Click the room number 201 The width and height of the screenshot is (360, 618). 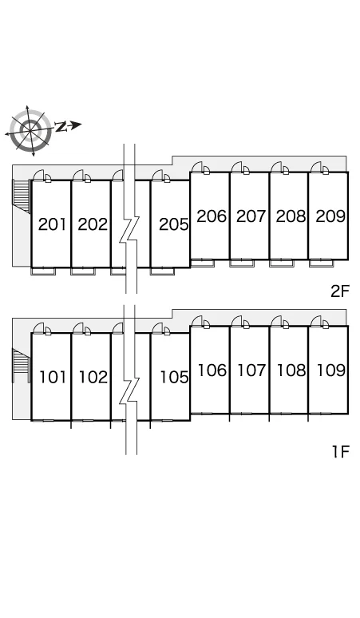click(52, 224)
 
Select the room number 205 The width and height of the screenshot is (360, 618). click(174, 224)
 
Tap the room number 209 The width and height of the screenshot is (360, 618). click(330, 216)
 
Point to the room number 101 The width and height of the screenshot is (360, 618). click(53, 377)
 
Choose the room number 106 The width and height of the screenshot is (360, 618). click(212, 370)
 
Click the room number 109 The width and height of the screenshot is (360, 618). click(331, 370)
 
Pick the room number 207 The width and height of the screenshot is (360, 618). click(251, 216)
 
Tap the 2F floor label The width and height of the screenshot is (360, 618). click(340, 291)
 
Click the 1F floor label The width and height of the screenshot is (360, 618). click(340, 452)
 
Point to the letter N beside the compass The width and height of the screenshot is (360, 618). click(61, 126)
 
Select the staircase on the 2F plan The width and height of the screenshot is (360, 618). click(22, 196)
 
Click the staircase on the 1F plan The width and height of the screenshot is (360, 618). click(22, 365)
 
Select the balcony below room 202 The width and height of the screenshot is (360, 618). click(83, 271)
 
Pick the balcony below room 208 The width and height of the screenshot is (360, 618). click(282, 263)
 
